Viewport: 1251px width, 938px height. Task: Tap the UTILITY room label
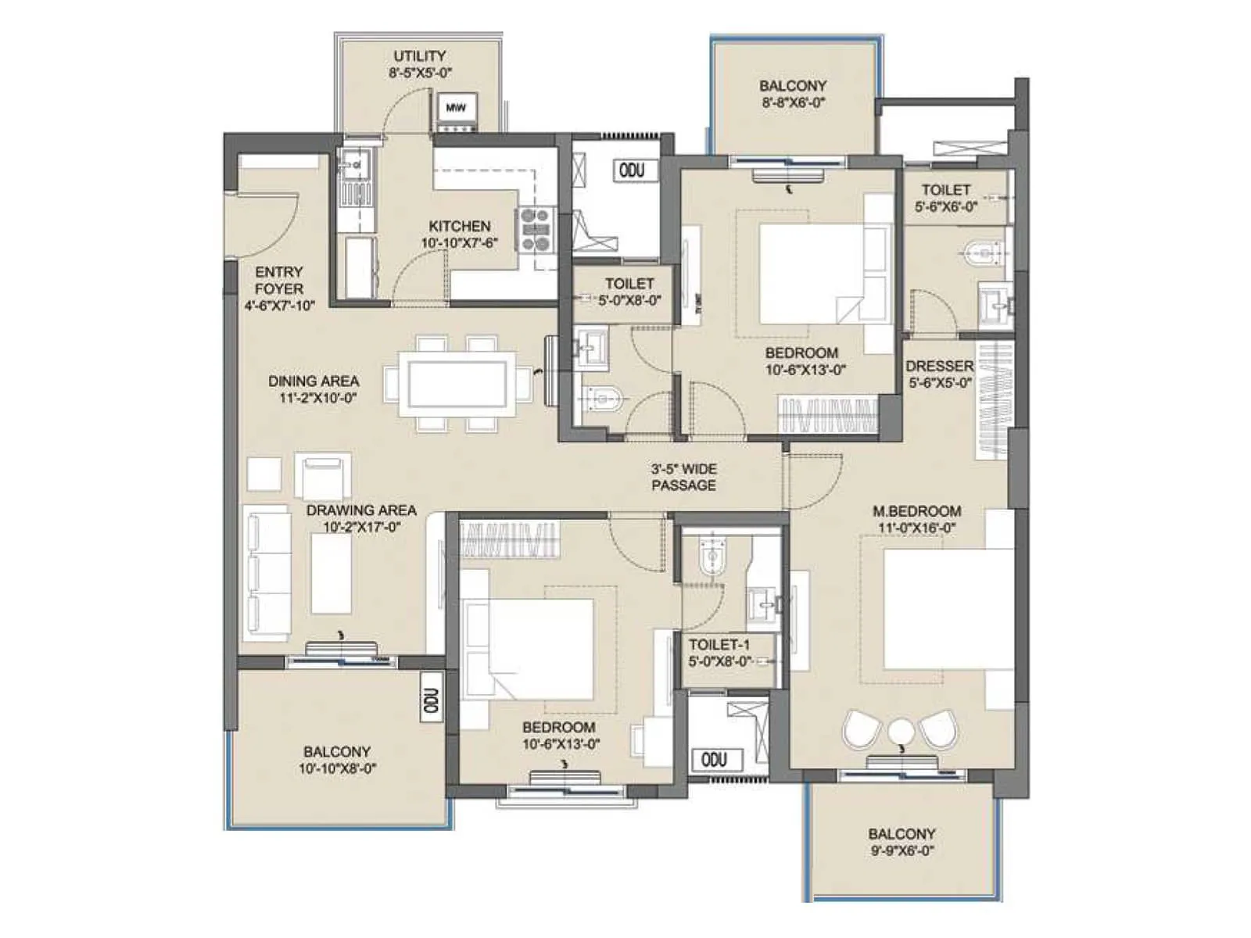420,56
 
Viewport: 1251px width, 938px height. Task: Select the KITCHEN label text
460,226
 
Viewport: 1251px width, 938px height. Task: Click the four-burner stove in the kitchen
536,231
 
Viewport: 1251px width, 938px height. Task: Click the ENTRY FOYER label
279,280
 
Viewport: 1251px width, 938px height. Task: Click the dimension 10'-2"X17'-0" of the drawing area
362,528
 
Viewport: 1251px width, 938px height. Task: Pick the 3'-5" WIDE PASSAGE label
683,477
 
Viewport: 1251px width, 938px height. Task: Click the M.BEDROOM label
916,511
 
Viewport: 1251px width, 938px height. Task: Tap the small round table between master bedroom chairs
901,732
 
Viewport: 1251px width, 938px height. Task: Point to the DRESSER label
939,366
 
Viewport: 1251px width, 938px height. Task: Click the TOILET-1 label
719,645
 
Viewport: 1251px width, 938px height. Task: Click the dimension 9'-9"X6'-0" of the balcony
902,851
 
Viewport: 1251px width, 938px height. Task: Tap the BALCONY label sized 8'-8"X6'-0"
792,85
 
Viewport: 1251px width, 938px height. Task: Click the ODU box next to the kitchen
632,170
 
